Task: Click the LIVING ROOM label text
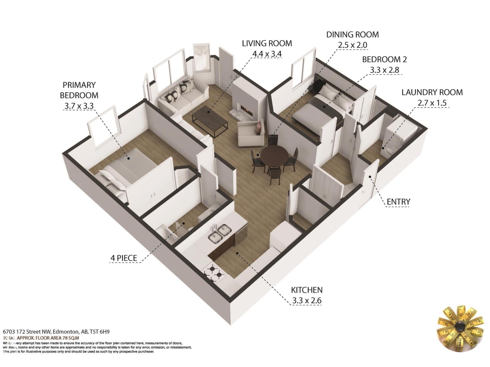[x=267, y=43]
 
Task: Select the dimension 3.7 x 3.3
[x=79, y=106]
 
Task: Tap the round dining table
[x=274, y=155]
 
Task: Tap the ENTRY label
[x=398, y=202]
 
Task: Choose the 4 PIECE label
[x=124, y=258]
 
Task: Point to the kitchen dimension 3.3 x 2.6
[x=307, y=301]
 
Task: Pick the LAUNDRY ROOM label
[x=432, y=92]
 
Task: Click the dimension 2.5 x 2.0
[x=352, y=45]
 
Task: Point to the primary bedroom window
[x=103, y=128]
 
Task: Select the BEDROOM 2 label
[x=384, y=59]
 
